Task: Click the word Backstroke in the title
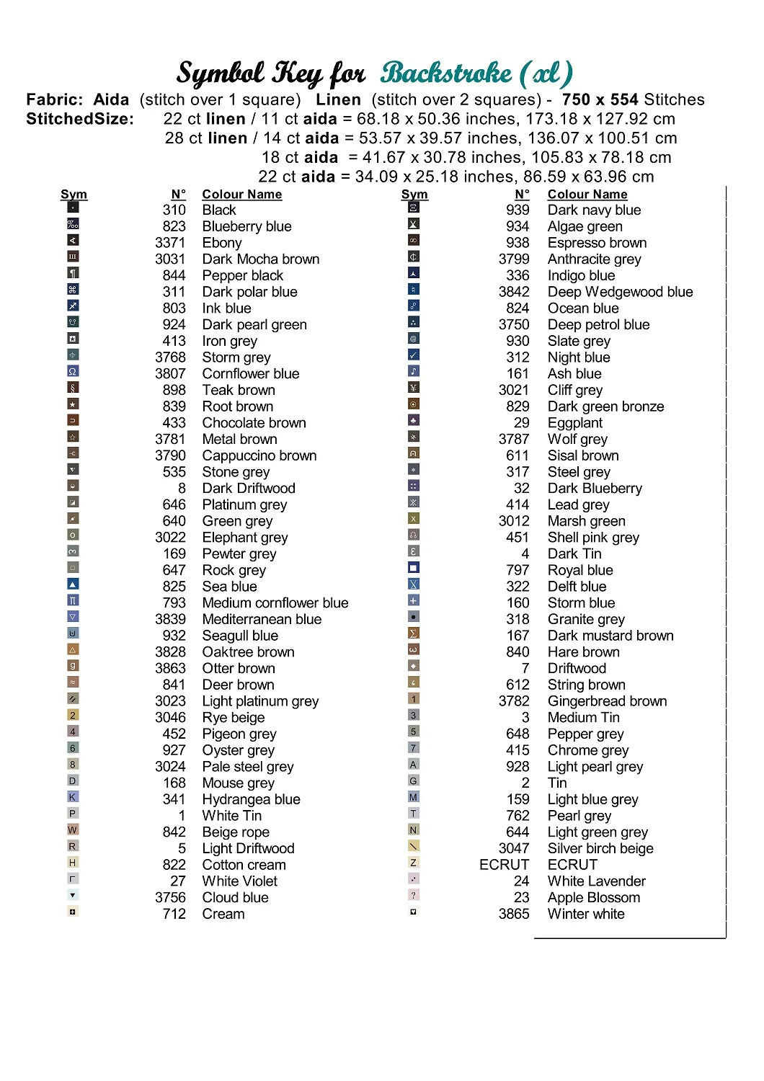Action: point(446,74)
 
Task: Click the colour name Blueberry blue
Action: point(246,226)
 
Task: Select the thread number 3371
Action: point(170,243)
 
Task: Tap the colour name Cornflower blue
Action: point(250,374)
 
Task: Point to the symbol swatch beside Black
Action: point(73,208)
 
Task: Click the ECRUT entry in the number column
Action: point(504,865)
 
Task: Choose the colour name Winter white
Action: point(586,914)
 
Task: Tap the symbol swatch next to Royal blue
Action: point(414,568)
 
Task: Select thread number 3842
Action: point(514,292)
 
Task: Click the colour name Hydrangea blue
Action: point(251,799)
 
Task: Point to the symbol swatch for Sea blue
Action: point(73,584)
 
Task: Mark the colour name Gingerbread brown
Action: point(607,701)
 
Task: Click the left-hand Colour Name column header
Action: point(241,195)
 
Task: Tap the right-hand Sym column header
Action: point(414,195)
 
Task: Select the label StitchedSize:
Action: point(80,119)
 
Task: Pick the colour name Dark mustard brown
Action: point(610,636)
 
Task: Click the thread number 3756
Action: point(170,898)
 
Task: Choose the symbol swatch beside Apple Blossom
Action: point(414,895)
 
